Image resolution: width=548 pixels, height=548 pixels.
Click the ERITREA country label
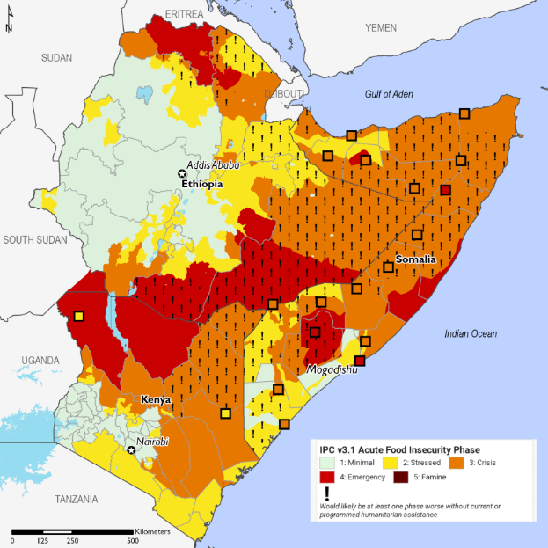181,16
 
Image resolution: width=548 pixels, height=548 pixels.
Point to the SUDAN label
56,57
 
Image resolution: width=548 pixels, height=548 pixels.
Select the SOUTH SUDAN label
36,239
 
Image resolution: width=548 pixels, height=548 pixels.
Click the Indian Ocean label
470,333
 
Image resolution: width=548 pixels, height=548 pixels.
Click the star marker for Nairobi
132,450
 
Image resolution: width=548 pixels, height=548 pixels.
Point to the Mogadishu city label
331,370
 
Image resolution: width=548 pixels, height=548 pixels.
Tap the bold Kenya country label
155,399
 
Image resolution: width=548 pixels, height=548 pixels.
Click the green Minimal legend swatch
326,461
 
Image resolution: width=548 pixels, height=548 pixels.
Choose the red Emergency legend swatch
326,479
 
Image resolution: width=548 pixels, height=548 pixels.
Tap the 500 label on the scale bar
132,540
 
